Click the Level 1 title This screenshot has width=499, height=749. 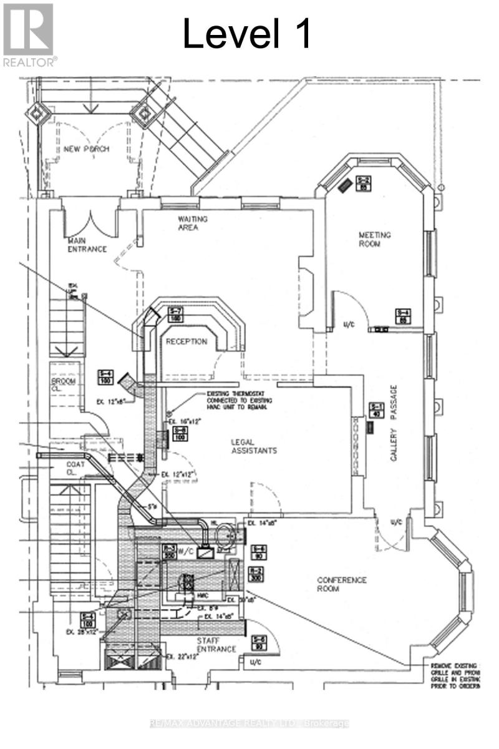[247, 34]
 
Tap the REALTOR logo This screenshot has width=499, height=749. [29, 34]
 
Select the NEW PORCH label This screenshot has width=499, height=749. [86, 149]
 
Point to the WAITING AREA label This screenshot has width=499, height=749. [193, 223]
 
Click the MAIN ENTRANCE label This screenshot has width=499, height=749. [87, 245]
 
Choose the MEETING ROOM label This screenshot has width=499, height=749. [374, 239]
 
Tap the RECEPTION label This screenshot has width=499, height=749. [187, 341]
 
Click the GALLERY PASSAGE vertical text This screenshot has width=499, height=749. [394, 423]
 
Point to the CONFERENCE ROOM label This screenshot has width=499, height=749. [342, 584]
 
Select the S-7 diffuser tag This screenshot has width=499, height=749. [175, 315]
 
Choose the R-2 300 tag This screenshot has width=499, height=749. [255, 574]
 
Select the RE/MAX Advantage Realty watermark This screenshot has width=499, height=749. [249, 723]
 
